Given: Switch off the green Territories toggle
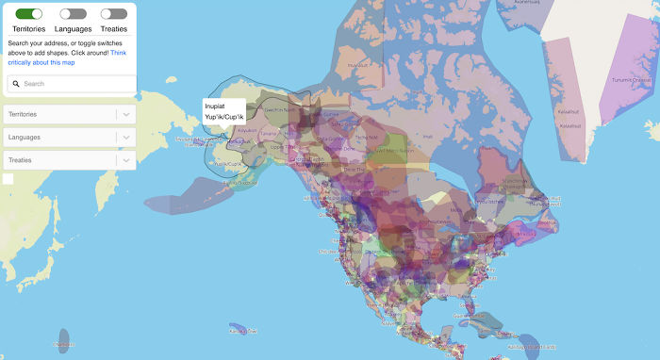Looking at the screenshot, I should point(30,14).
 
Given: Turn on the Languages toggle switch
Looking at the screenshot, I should point(73,14).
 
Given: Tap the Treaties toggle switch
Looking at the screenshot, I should point(113,14).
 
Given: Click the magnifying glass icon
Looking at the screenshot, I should point(17,84).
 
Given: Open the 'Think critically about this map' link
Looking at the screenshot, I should point(66,57).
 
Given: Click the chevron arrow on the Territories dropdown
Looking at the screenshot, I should point(126,114).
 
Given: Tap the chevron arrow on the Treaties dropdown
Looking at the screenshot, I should point(126,160).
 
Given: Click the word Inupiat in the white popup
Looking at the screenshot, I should point(216,106).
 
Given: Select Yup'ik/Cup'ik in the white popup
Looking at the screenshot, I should point(223,117).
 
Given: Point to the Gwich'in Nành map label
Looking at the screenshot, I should point(279,109).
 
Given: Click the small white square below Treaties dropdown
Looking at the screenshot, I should point(8,179).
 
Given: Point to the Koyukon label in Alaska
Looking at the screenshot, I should point(249,130).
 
